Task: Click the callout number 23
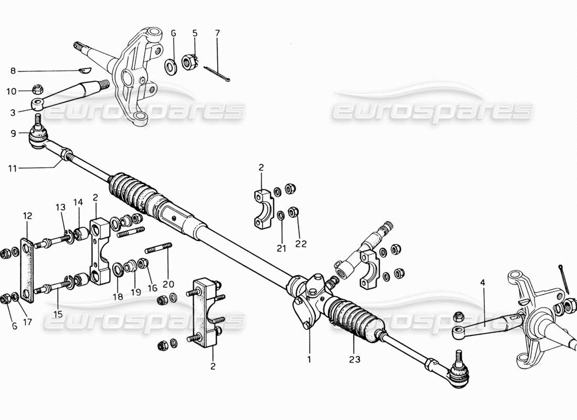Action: pyautogui.click(x=354, y=361)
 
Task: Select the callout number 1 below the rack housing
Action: pyautogui.click(x=309, y=361)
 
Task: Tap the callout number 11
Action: pyautogui.click(x=13, y=169)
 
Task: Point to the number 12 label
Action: pyautogui.click(x=27, y=216)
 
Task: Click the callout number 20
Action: pyautogui.click(x=168, y=284)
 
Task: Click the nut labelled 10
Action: pyautogui.click(x=37, y=90)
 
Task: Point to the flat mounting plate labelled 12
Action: pyautogui.click(x=27, y=270)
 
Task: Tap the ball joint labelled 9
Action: pyautogui.click(x=38, y=135)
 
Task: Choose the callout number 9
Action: pyautogui.click(x=13, y=133)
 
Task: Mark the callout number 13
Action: pyautogui.click(x=60, y=206)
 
